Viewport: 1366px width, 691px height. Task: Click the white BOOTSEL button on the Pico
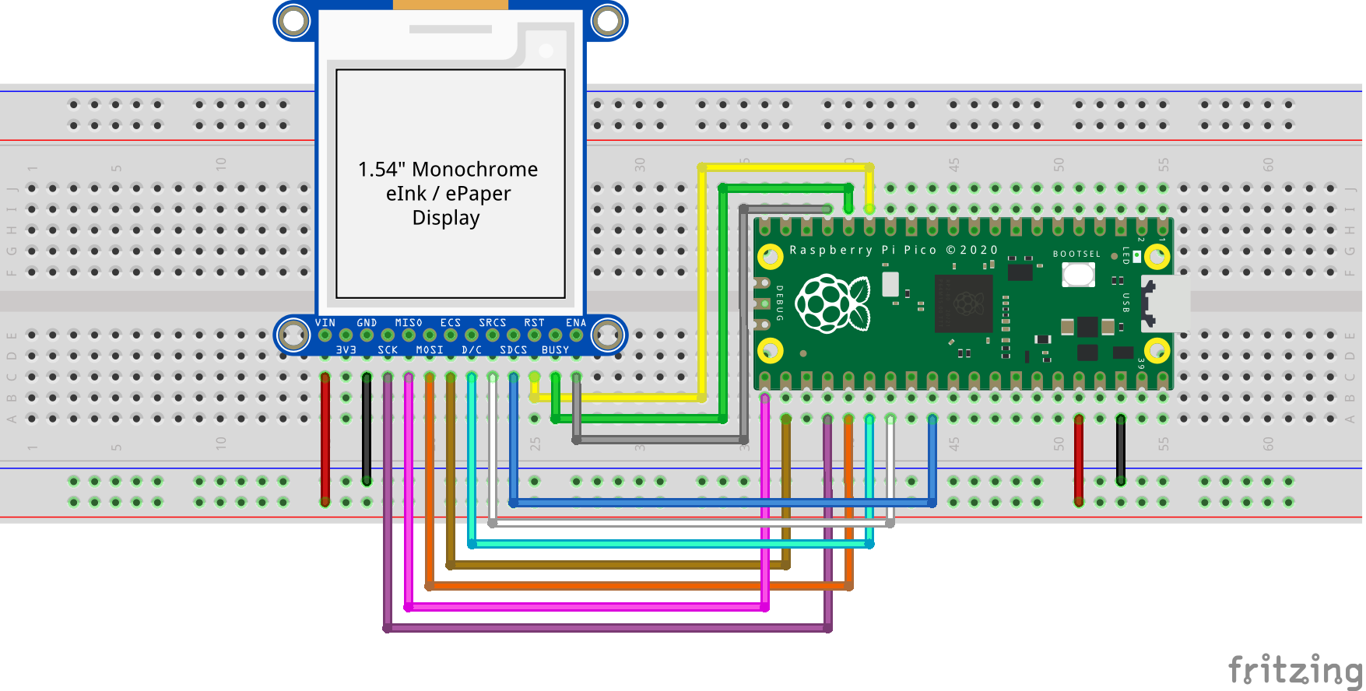pyautogui.click(x=1078, y=274)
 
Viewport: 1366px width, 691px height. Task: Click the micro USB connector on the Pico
pyautogui.click(x=1165, y=303)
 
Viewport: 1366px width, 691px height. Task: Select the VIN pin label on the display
pyautogui.click(x=325, y=322)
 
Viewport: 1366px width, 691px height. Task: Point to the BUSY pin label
pyautogui.click(x=555, y=350)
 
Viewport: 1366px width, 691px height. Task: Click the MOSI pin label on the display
pyautogui.click(x=429, y=350)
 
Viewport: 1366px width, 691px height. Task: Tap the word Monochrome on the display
pyautogui.click(x=475, y=169)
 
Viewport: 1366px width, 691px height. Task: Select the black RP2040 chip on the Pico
pyautogui.click(x=964, y=303)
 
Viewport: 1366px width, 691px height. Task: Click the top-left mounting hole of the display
pyautogui.click(x=293, y=21)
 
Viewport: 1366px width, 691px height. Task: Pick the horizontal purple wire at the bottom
pyautogui.click(x=607, y=628)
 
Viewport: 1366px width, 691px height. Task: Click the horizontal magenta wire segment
pyautogui.click(x=584, y=607)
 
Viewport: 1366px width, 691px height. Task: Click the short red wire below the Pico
pyautogui.click(x=1078, y=459)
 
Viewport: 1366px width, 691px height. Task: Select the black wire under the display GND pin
pyautogui.click(x=367, y=428)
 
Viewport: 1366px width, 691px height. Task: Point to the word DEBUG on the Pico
pyautogui.click(x=779, y=303)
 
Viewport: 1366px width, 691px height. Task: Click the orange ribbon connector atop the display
pyautogui.click(x=450, y=5)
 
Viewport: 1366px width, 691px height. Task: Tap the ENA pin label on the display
pyautogui.click(x=575, y=322)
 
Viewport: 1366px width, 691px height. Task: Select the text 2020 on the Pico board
pyautogui.click(x=978, y=250)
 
